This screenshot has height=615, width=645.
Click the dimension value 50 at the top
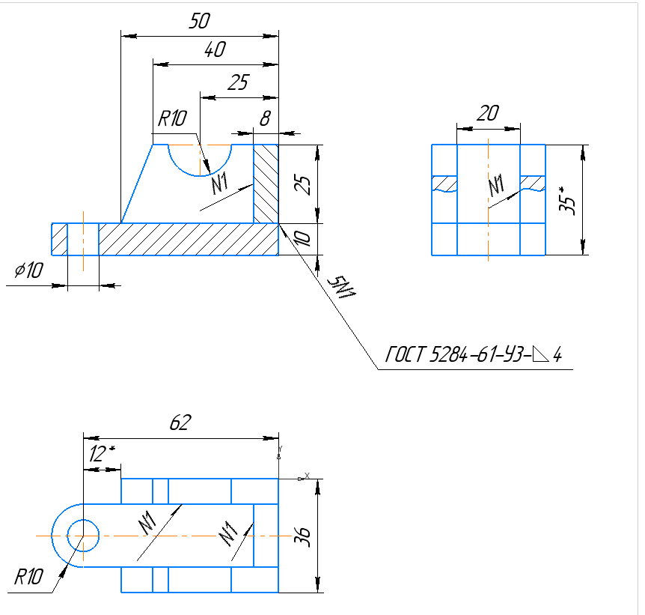pos(198,22)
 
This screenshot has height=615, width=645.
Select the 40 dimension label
pos(215,51)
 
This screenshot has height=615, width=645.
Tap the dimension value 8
pos(264,118)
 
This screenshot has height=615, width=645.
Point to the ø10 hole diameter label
pos(28,271)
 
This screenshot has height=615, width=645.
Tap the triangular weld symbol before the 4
pos(539,354)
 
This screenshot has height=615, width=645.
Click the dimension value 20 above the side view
pos(488,114)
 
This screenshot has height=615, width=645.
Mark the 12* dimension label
pos(100,454)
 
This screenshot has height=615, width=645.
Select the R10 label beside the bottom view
pos(29,576)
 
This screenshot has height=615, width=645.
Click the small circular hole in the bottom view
pos(83,536)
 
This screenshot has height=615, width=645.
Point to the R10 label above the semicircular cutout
pos(173,118)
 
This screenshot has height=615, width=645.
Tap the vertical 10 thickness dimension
pos(302,240)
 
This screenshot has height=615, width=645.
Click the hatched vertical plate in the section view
pos(266,184)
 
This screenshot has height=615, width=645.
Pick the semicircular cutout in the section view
pos(200,157)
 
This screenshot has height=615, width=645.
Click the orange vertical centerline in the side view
pos(488,225)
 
